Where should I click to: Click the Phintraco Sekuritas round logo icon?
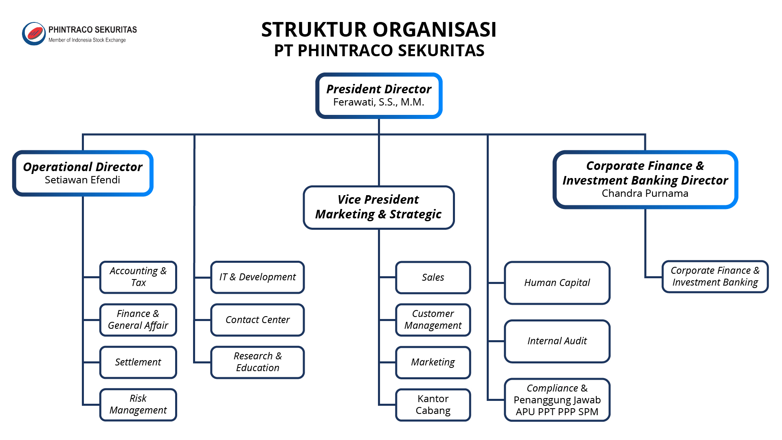(x=34, y=33)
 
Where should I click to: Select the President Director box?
(x=379, y=96)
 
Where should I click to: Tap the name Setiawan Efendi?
(x=82, y=180)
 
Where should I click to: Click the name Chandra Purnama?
(x=645, y=194)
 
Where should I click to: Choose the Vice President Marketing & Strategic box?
(x=378, y=207)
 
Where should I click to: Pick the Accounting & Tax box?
(x=138, y=277)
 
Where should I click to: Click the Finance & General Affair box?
(x=138, y=320)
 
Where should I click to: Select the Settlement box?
(x=138, y=362)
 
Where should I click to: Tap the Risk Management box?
(x=138, y=405)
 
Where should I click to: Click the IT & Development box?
(x=257, y=277)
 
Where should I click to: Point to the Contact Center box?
(x=257, y=320)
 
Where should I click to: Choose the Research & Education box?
(x=257, y=362)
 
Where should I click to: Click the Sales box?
(x=433, y=277)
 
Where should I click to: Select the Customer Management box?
(x=433, y=320)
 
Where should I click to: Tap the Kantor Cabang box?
(x=433, y=405)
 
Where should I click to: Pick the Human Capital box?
(x=557, y=283)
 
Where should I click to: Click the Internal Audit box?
(x=557, y=341)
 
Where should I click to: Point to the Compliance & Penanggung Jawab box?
(x=557, y=400)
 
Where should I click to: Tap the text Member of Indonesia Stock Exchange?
(x=87, y=40)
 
